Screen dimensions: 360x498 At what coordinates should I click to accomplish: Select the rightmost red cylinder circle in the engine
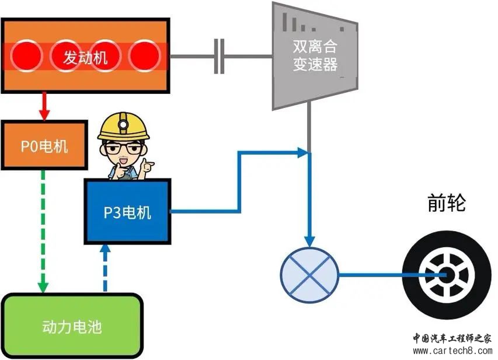point(144,57)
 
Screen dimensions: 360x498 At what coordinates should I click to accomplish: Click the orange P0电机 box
point(44,145)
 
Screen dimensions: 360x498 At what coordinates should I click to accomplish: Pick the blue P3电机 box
point(127,212)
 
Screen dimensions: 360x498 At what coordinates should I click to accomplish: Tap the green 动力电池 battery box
point(72,326)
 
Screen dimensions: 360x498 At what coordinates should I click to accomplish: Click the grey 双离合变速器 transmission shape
point(315,56)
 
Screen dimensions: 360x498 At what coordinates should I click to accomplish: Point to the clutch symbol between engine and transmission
point(220,57)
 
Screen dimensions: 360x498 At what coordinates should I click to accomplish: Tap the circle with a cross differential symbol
point(309,274)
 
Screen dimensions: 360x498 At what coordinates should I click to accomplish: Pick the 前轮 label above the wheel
point(445,203)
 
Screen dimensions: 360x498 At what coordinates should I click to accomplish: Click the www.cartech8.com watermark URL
point(452,351)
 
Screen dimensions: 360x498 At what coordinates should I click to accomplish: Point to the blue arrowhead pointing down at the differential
point(309,240)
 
